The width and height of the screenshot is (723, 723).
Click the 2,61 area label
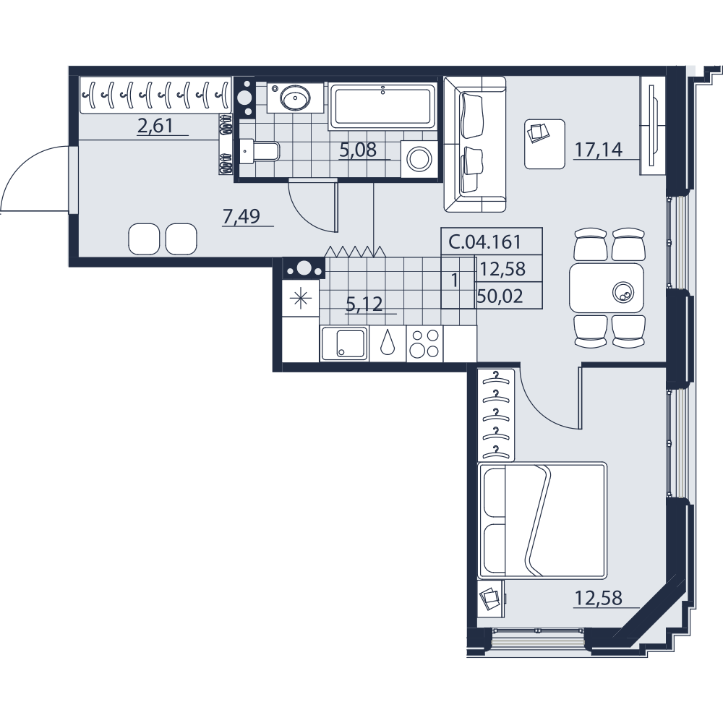(155, 125)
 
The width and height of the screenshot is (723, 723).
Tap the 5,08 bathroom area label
(358, 150)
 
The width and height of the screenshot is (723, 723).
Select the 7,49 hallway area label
(241, 216)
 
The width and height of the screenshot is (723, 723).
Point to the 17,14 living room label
(598, 150)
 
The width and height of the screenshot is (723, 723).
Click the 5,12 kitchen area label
(364, 304)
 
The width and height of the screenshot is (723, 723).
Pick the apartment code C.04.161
(484, 241)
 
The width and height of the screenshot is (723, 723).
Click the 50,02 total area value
(500, 296)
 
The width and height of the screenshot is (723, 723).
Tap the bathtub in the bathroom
(382, 106)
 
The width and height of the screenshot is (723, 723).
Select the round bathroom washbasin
(295, 98)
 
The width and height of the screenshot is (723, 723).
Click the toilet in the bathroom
(260, 150)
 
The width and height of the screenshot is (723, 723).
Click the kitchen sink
(344, 343)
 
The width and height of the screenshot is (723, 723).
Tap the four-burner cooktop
(424, 343)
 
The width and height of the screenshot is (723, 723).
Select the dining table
(607, 288)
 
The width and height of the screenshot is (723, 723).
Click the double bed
(542, 520)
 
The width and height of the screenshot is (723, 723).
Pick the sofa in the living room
(475, 145)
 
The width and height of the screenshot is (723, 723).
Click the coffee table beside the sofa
(545, 144)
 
